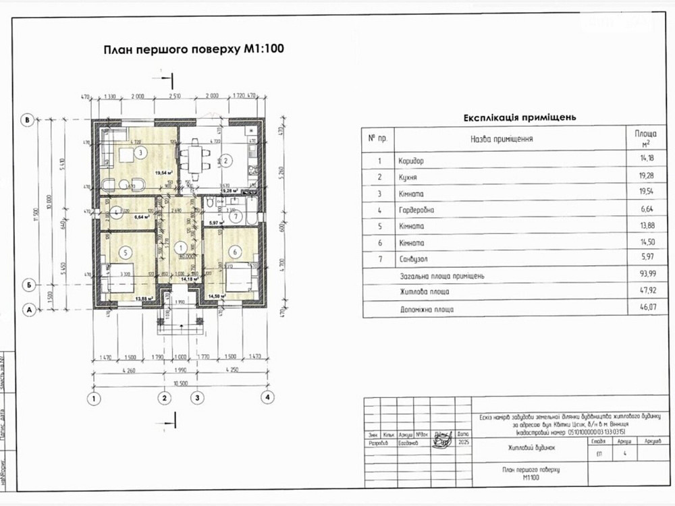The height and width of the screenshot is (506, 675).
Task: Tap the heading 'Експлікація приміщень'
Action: click(x=519, y=117)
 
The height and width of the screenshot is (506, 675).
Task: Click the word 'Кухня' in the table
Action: click(x=408, y=177)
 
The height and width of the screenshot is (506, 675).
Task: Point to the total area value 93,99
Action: click(x=643, y=276)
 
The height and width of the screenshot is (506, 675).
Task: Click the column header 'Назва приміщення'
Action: click(x=502, y=139)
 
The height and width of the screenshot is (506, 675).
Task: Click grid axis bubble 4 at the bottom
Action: click(x=269, y=398)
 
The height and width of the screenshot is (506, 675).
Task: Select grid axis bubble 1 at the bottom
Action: click(x=95, y=398)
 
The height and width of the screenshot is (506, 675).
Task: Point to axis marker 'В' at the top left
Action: click(x=28, y=120)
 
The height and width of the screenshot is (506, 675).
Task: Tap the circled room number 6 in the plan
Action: click(x=235, y=252)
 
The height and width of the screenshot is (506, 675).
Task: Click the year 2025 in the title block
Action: click(x=462, y=443)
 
